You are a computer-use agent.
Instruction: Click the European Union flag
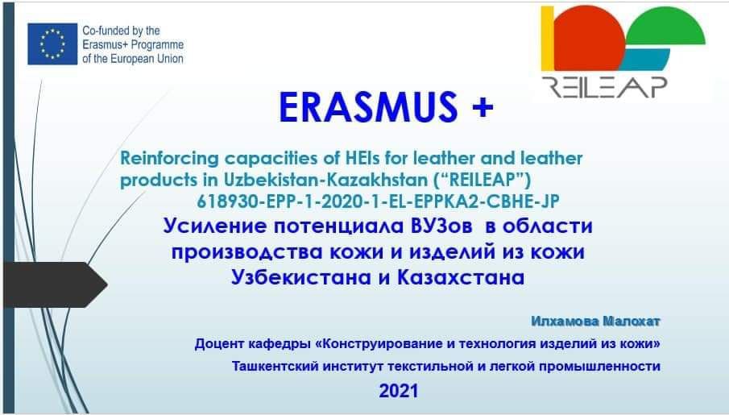(52, 44)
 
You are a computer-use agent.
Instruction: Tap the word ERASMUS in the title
(368, 107)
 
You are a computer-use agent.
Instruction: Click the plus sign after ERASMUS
(483, 108)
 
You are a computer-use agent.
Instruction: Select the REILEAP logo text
(604, 87)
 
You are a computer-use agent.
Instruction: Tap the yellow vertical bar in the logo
(548, 38)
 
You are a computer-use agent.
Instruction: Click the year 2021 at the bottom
(399, 391)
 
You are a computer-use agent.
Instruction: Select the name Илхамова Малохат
(595, 321)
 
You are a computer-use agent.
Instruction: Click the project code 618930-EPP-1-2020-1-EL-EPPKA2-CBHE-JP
(378, 201)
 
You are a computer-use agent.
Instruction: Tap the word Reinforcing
(169, 158)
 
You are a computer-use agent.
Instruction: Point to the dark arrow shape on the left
(56, 284)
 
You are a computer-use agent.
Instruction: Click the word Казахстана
(461, 277)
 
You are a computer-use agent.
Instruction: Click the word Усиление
(215, 226)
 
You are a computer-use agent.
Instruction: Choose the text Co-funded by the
(121, 31)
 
